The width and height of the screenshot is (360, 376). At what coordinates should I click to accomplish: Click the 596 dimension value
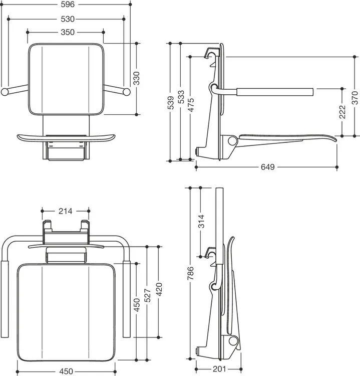pyautogui.click(x=68, y=5)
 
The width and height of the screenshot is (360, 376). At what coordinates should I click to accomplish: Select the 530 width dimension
pyautogui.click(x=68, y=19)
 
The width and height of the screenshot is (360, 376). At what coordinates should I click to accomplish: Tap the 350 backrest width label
pyautogui.click(x=68, y=32)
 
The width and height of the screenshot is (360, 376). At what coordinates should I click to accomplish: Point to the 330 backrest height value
pyautogui.click(x=136, y=78)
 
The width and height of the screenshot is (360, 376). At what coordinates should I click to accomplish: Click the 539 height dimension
pyautogui.click(x=170, y=103)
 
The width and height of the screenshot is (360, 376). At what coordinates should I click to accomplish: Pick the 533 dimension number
pyautogui.click(x=181, y=97)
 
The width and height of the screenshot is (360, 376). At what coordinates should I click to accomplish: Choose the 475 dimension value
pyautogui.click(x=191, y=105)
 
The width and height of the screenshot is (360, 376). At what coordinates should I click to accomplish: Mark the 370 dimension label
pyautogui.click(x=354, y=98)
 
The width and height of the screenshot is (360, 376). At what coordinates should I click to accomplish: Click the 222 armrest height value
pyautogui.click(x=342, y=112)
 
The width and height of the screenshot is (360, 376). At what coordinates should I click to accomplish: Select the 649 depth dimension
pyautogui.click(x=267, y=167)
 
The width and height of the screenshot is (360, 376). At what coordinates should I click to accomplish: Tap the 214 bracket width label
pyautogui.click(x=65, y=211)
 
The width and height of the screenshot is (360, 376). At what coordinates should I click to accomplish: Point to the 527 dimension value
pyautogui.click(x=148, y=295)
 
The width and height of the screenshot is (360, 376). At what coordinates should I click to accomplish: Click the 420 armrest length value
pyautogui.click(x=159, y=289)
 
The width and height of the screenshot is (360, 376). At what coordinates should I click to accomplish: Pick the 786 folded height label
pyautogui.click(x=190, y=273)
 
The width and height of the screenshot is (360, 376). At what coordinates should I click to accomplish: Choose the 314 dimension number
pyautogui.click(x=201, y=221)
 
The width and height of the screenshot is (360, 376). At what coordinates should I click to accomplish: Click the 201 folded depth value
pyautogui.click(x=219, y=369)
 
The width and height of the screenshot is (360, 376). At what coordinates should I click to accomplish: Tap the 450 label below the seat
pyautogui.click(x=66, y=371)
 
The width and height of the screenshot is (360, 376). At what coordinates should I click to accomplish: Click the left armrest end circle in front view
pyautogui.click(x=5, y=92)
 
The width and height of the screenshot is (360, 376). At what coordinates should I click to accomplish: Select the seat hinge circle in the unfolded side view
pyautogui.click(x=232, y=141)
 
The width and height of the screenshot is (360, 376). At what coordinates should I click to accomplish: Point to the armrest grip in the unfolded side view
pyautogui.click(x=275, y=92)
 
